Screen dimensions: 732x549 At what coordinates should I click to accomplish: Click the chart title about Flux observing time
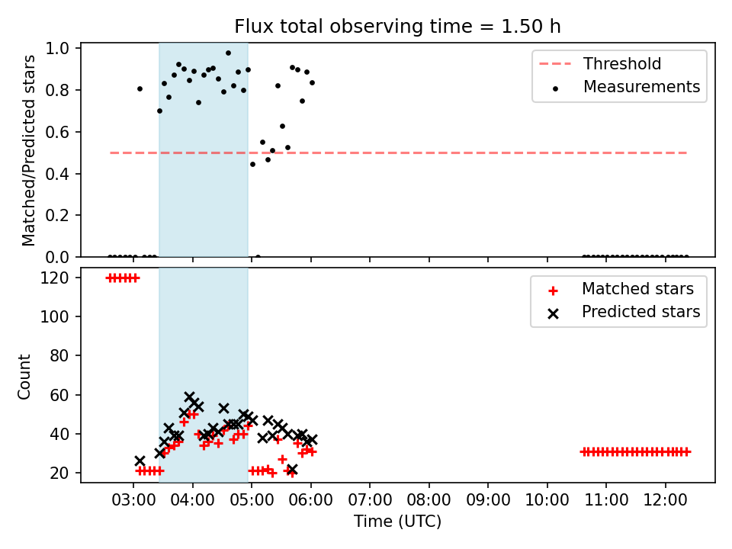click(397, 27)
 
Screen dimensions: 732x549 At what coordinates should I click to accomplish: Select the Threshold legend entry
click(600, 63)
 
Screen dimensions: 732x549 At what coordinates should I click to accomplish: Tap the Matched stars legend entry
click(621, 289)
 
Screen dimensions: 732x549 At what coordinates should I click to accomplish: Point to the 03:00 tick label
click(133, 500)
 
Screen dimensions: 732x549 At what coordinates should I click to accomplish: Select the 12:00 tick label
click(665, 500)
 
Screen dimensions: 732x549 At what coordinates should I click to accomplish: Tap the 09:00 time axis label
click(488, 500)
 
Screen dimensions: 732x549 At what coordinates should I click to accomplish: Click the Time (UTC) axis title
click(397, 521)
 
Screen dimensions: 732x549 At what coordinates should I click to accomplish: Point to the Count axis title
click(24, 376)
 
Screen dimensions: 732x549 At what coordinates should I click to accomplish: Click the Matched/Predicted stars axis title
click(28, 150)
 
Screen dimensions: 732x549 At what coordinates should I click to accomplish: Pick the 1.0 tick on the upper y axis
click(57, 48)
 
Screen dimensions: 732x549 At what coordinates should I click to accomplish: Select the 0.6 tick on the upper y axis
click(57, 132)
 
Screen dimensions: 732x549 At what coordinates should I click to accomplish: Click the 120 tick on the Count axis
click(55, 278)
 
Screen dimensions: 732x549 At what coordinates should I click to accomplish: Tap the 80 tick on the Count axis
click(59, 356)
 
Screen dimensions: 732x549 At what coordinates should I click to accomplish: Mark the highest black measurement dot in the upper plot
click(228, 53)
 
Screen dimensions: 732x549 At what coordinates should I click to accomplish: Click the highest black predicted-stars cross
click(189, 397)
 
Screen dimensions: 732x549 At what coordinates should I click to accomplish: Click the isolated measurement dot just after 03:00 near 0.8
click(140, 88)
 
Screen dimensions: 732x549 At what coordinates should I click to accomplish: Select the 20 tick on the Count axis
click(59, 473)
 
